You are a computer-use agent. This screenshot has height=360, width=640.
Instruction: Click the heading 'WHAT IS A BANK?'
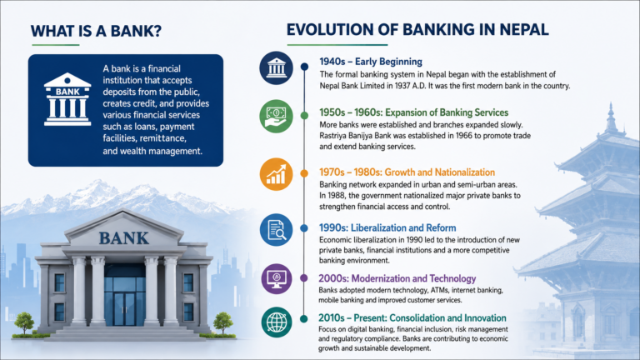(96, 31)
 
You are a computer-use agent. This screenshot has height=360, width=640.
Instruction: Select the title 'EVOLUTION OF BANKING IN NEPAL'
(417, 30)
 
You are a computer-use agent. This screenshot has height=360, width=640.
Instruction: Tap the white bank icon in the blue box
(67, 100)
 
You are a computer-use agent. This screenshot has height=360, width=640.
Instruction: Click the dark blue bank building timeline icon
(276, 67)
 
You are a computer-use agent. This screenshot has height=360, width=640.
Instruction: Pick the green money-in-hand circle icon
(276, 117)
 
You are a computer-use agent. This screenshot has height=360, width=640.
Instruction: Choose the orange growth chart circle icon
(277, 174)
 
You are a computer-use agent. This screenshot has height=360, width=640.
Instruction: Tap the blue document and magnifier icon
(277, 230)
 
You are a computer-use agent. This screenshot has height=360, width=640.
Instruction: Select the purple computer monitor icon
(277, 279)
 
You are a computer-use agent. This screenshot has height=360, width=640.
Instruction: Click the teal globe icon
(277, 322)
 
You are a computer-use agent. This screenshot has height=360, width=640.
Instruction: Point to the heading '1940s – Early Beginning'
(371, 62)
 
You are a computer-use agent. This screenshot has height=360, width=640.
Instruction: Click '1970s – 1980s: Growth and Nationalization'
(407, 172)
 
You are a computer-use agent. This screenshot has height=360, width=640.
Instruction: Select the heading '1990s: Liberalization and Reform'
(387, 227)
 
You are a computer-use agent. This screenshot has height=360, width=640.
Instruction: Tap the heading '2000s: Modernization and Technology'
(397, 278)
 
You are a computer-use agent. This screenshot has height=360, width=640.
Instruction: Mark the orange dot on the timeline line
(304, 173)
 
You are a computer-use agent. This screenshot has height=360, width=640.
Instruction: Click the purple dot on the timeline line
(303, 278)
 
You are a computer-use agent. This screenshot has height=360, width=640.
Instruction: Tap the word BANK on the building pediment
(123, 238)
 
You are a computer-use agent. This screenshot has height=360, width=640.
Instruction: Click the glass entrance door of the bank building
(124, 309)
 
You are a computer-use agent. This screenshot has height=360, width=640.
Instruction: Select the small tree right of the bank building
(223, 323)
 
